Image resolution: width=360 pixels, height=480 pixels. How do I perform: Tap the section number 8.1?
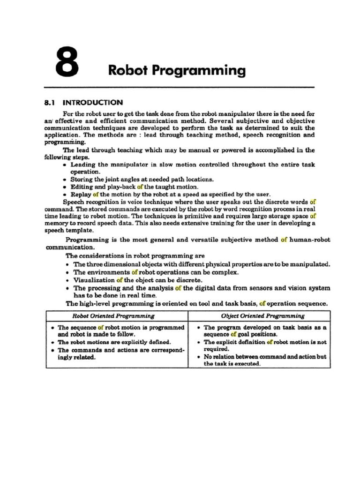[x=50, y=102]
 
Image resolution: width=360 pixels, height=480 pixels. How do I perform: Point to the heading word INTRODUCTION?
[x=93, y=102]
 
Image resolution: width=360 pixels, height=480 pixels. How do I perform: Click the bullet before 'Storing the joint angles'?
[x=64, y=180]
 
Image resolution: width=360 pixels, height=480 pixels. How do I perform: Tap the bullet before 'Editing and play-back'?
[x=64, y=187]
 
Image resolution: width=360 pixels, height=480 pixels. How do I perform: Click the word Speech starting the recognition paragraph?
[x=74, y=202]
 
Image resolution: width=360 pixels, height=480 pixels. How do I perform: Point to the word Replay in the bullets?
[x=81, y=194]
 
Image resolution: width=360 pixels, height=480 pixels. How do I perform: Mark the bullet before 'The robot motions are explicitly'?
[x=53, y=343]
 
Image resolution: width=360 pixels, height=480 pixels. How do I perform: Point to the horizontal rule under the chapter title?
[x=179, y=88]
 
